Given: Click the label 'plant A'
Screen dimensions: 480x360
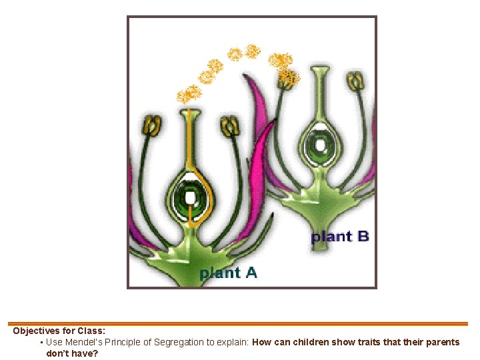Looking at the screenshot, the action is point(228,273).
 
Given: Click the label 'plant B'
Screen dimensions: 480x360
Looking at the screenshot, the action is point(340,237).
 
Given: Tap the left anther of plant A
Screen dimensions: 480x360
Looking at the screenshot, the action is point(152,125).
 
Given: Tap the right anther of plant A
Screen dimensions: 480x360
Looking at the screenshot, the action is point(230,126).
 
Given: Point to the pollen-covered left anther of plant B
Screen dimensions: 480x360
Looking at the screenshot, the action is point(288,79).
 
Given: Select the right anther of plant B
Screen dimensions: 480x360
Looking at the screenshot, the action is point(355,81).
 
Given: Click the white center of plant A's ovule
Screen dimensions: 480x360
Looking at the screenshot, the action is point(190,198).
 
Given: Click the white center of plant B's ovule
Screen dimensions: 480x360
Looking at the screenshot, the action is point(321,145).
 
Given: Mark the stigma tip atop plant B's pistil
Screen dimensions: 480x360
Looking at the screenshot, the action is point(320,69).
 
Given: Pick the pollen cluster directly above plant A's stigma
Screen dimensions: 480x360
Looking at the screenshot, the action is point(189,94).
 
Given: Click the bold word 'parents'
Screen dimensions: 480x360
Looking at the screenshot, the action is point(443,342).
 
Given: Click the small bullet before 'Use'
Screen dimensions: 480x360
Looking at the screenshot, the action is point(41,342).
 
